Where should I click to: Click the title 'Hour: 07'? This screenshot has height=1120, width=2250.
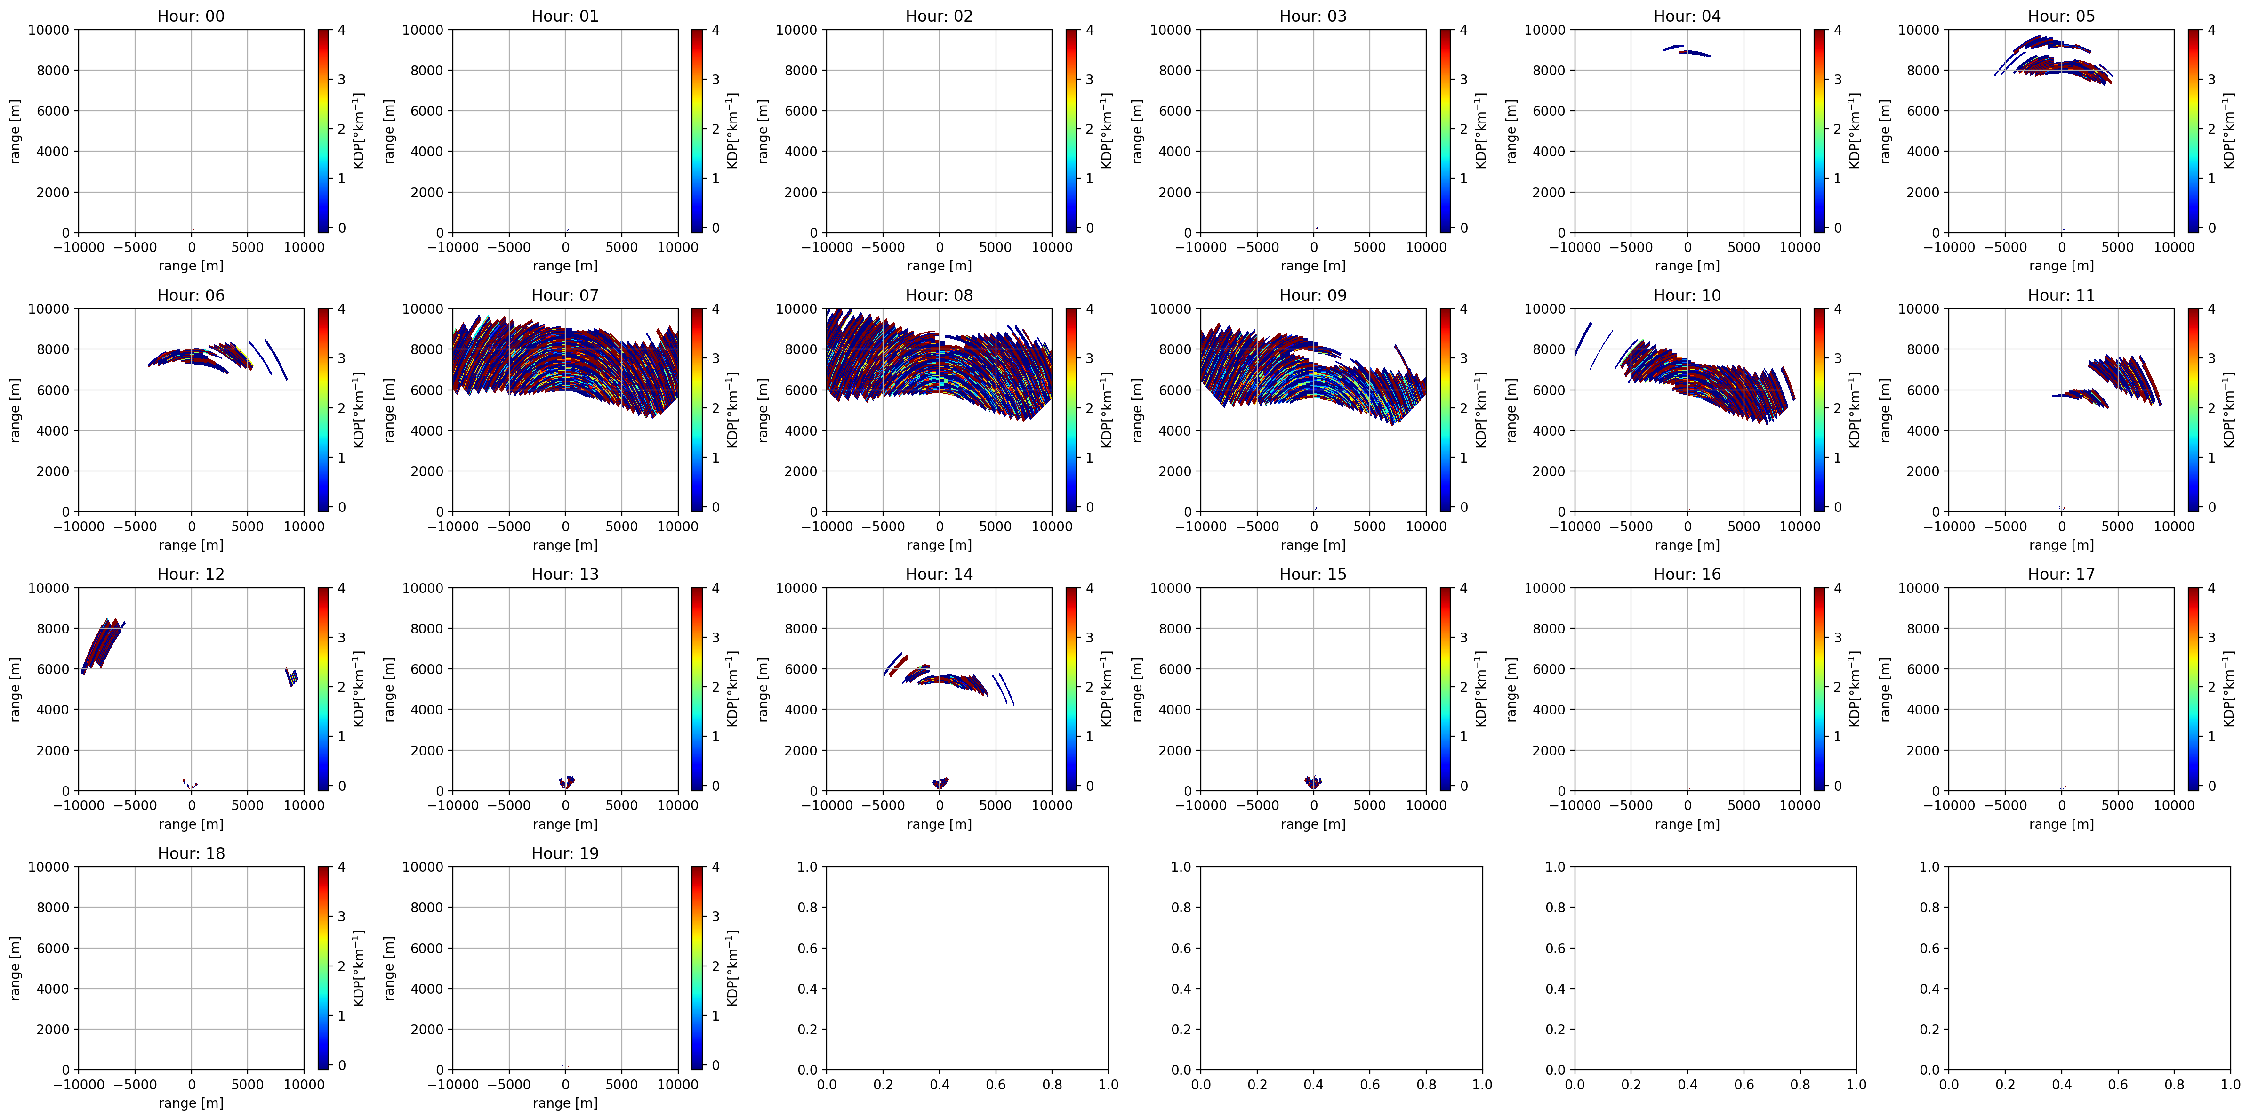point(565,295)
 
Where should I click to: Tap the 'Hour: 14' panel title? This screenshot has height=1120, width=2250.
point(939,574)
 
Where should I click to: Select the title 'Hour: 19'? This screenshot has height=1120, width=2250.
point(565,853)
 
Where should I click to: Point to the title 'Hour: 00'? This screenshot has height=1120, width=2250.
point(191,16)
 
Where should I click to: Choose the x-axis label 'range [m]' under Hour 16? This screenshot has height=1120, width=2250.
point(1687,824)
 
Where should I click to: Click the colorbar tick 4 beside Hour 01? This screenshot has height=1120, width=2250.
point(715,30)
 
